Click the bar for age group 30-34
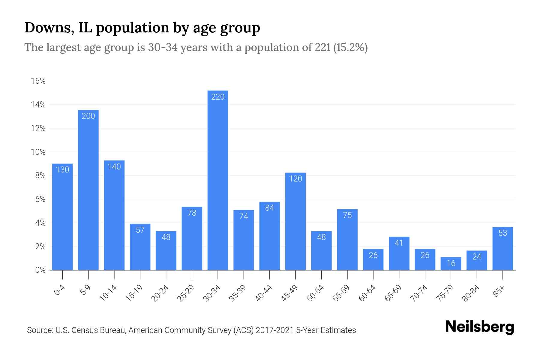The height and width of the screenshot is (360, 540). coord(218,180)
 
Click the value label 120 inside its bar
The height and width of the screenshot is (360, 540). coord(295,179)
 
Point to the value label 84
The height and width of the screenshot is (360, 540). coord(270,208)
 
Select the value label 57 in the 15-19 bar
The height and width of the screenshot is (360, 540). coord(140,230)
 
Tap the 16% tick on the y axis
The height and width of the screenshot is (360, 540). coord(38,81)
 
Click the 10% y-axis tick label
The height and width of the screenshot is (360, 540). coord(38,152)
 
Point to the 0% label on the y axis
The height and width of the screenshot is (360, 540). coord(40,270)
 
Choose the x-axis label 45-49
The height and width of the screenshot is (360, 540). coord(289,293)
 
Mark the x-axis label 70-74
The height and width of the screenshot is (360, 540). coord(419,293)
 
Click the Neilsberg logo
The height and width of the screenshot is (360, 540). coord(479,327)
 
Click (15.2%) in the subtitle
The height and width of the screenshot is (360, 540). coord(350,47)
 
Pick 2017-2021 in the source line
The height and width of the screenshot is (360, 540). coord(274,330)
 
